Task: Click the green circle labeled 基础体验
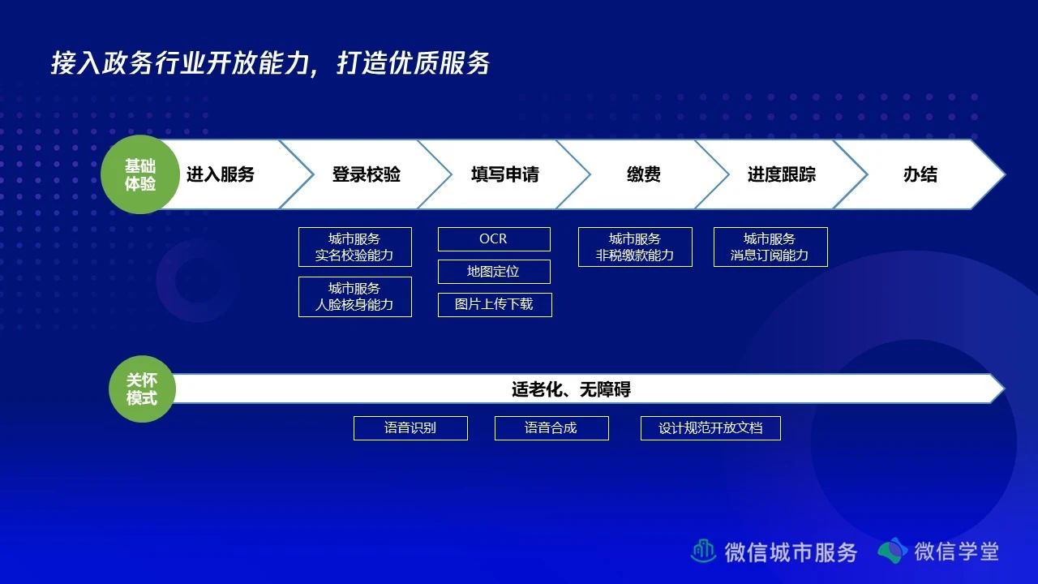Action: tap(140, 174)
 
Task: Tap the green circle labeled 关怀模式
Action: tap(142, 389)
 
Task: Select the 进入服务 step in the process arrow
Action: tap(221, 174)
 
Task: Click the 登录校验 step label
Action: tap(366, 174)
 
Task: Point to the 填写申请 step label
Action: tap(505, 174)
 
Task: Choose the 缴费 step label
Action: tap(644, 174)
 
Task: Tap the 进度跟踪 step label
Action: tap(782, 174)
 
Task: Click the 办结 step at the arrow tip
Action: tap(920, 174)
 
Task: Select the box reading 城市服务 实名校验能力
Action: tap(355, 247)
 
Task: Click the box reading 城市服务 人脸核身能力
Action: tap(355, 297)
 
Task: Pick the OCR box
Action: tap(494, 239)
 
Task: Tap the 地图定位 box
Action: tap(494, 272)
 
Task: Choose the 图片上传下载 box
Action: tap(495, 305)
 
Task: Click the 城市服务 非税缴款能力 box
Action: tap(635, 247)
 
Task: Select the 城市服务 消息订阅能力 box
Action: tap(770, 247)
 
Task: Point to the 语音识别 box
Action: tap(410, 428)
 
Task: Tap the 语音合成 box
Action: tap(551, 428)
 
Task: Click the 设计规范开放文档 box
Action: tap(711, 428)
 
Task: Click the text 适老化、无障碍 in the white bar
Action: tap(572, 389)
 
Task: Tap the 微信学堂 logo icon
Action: tap(893, 551)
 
